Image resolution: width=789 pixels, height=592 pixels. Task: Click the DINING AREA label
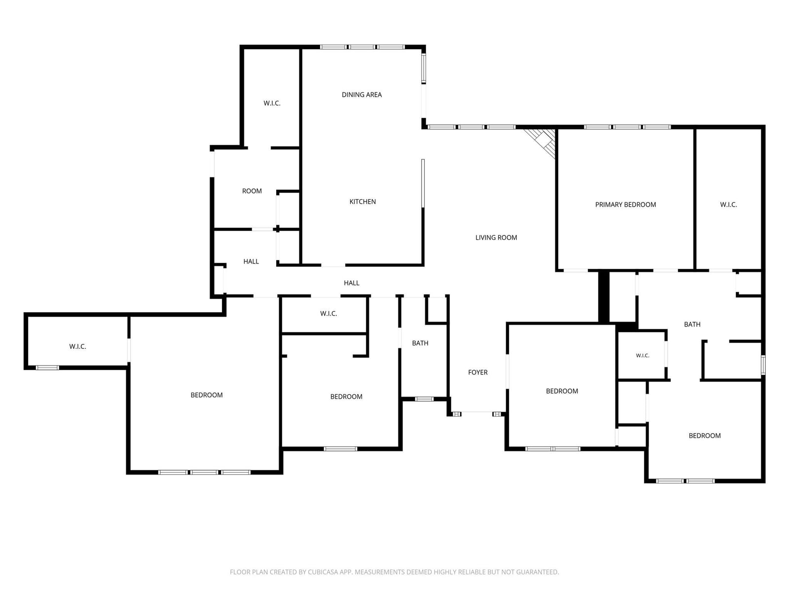[361, 95]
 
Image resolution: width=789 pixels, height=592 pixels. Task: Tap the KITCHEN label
[362, 202]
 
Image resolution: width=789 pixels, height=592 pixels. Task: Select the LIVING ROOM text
[496, 238]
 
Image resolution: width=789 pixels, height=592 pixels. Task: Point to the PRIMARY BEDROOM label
[625, 205]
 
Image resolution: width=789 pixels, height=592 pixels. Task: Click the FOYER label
[478, 372]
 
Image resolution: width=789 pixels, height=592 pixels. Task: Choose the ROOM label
[251, 191]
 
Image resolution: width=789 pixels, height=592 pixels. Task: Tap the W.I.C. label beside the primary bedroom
[728, 205]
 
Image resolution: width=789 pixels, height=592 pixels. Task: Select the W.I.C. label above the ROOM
[272, 103]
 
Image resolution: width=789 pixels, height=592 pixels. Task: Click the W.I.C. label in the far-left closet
[77, 346]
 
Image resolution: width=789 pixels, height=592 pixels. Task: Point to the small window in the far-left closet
[47, 368]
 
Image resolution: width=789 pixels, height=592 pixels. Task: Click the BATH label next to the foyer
[420, 343]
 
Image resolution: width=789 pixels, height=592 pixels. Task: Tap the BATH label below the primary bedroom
[692, 324]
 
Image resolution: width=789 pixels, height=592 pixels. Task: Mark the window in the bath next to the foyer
[424, 399]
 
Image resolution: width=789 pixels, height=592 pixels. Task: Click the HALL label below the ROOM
[251, 261]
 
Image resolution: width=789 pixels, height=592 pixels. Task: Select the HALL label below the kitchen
[351, 283]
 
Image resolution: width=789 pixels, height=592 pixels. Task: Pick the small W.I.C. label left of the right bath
[643, 356]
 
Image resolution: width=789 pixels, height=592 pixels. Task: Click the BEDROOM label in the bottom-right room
[704, 436]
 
